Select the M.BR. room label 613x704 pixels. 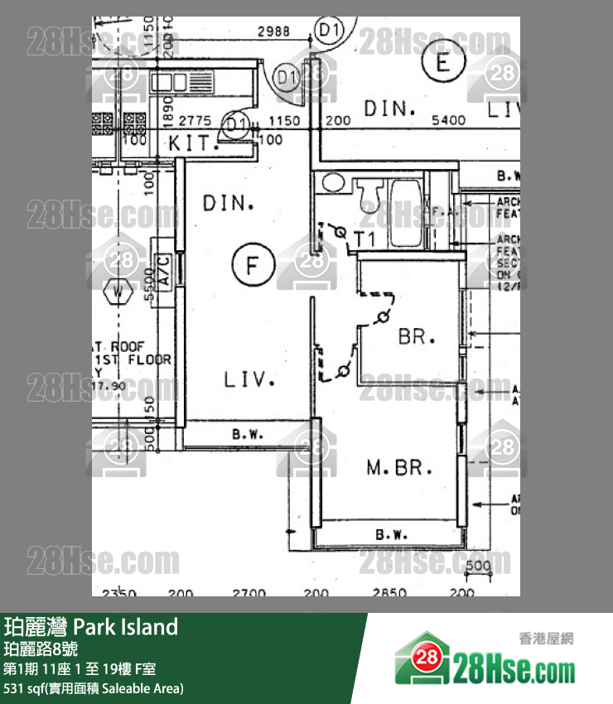point(399,469)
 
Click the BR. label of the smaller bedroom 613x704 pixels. point(416,337)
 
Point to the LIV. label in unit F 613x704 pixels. point(249,379)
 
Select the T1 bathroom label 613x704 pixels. point(365,239)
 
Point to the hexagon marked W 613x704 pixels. point(120,291)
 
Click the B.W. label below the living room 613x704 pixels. point(248,433)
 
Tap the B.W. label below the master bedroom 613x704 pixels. point(391,535)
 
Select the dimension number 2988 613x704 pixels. point(273,31)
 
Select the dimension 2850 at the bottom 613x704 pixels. point(389,591)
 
